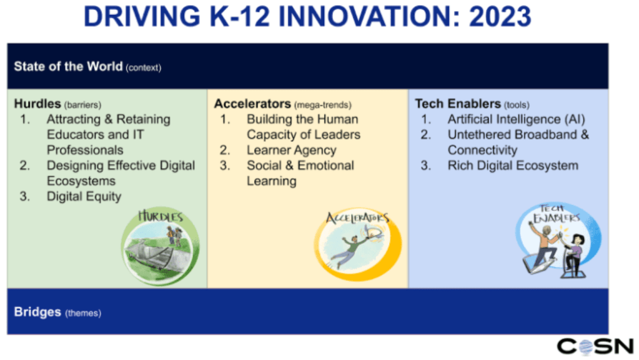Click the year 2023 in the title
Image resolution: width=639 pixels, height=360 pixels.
point(500,16)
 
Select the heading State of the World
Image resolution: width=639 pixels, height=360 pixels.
point(68,66)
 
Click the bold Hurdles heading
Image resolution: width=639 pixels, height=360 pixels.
point(37,104)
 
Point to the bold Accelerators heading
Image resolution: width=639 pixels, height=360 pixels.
point(253,104)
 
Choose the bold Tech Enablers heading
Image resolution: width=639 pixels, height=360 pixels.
point(458,104)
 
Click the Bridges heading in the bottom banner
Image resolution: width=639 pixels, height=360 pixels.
point(37,312)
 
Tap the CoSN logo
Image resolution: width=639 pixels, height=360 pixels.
point(595,346)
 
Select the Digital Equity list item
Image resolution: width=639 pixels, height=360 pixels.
point(84,196)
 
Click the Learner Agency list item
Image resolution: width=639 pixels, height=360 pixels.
point(291,151)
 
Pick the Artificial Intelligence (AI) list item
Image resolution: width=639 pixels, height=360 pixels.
point(517,119)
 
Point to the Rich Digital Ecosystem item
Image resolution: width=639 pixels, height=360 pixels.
point(513,166)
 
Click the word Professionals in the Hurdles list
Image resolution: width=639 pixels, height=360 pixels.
point(85,150)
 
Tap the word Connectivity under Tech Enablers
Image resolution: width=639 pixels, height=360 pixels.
point(482,151)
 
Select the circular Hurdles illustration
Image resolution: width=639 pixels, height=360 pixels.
point(160,246)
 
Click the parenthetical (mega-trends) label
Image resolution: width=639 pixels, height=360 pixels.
point(323,105)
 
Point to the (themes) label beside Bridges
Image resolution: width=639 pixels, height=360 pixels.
point(83,313)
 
